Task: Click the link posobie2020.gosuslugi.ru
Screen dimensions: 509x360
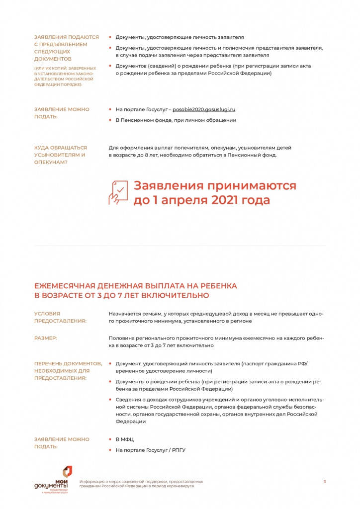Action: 204,109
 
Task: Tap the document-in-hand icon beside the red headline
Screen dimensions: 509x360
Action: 118,192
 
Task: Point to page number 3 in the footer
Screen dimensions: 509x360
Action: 324,481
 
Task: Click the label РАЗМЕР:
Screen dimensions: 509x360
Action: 45,338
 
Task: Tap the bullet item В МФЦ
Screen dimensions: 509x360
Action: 124,439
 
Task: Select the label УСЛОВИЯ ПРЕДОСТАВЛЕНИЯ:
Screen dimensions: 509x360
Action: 60,317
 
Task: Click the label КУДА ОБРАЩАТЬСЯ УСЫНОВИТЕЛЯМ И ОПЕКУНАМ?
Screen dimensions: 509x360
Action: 60,155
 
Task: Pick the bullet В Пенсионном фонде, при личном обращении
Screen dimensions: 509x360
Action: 176,120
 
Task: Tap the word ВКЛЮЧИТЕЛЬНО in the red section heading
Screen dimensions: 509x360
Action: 174,296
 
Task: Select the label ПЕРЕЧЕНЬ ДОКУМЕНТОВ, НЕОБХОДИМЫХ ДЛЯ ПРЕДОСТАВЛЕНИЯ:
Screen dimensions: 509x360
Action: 68,371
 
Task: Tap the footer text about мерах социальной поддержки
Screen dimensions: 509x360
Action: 141,484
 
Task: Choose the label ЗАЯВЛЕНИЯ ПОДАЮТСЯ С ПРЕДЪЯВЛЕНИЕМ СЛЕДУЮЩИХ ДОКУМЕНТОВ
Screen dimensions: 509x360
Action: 66,48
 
